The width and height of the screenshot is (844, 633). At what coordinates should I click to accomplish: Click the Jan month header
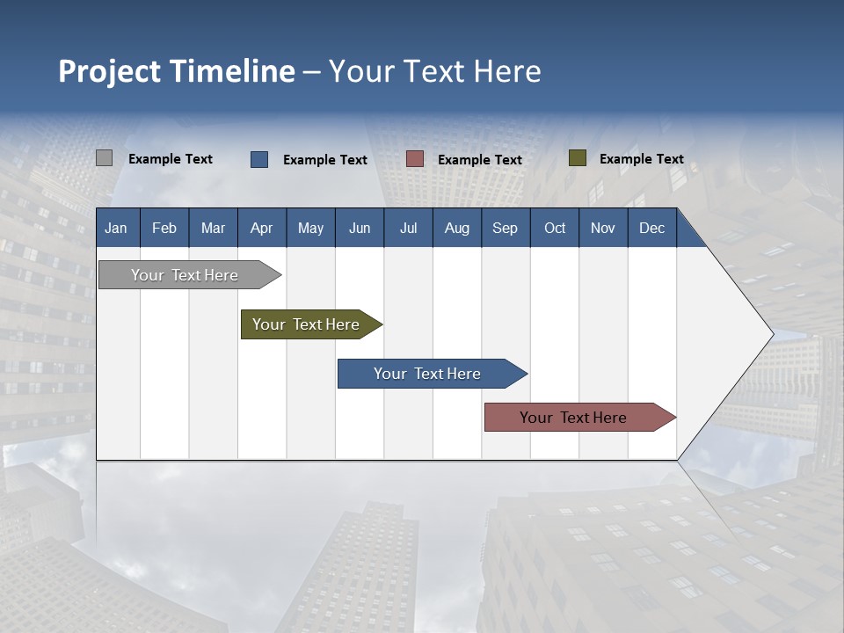click(x=116, y=228)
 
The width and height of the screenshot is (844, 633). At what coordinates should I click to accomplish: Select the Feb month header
click(x=164, y=228)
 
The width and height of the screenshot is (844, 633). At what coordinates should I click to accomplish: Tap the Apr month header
click(x=261, y=228)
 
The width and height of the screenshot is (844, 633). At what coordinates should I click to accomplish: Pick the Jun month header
click(x=360, y=228)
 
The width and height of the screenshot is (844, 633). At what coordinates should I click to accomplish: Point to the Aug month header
click(x=456, y=228)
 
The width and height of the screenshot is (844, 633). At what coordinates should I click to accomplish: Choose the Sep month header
click(x=505, y=228)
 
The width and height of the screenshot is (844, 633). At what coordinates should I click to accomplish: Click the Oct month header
click(x=555, y=228)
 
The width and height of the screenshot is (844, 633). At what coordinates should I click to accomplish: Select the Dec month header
click(x=651, y=228)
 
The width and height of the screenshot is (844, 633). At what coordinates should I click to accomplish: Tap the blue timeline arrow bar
click(x=428, y=374)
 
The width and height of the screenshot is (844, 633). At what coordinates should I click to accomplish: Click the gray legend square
click(x=104, y=158)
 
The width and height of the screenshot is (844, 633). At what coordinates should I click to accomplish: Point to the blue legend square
click(x=259, y=159)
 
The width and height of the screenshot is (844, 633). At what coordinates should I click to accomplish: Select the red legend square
click(x=415, y=158)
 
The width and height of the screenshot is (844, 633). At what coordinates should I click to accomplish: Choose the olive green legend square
click(x=577, y=158)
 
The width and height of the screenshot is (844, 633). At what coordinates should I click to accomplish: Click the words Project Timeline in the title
click(x=176, y=71)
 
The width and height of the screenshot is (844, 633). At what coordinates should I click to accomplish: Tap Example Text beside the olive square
click(x=641, y=159)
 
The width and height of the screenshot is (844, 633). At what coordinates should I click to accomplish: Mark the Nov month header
click(x=602, y=228)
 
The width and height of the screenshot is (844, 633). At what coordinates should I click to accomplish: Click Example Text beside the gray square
click(x=171, y=159)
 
